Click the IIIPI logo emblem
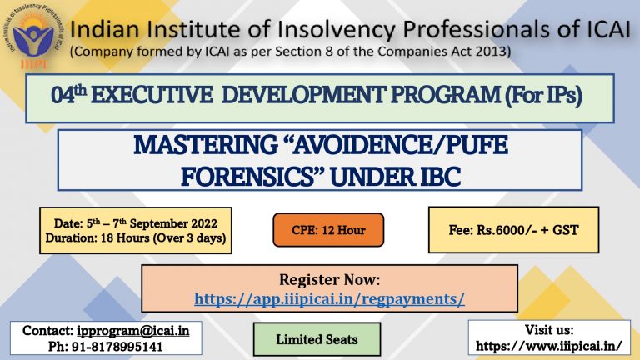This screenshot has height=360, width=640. point(33,37)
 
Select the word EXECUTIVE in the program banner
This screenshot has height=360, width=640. point(152,95)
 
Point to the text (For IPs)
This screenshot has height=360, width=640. point(543,95)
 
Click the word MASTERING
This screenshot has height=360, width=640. point(206,145)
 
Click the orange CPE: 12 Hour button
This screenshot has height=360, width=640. point(328,230)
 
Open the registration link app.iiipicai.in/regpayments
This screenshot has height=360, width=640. point(329,299)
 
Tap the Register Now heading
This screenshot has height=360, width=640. point(330,280)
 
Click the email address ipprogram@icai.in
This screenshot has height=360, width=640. point(133,331)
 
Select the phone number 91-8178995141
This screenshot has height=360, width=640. point(117,347)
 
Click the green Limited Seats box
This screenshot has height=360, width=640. point(317,339)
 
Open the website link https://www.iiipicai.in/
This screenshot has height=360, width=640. point(549,346)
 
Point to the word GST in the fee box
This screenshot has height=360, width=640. point(566,230)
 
